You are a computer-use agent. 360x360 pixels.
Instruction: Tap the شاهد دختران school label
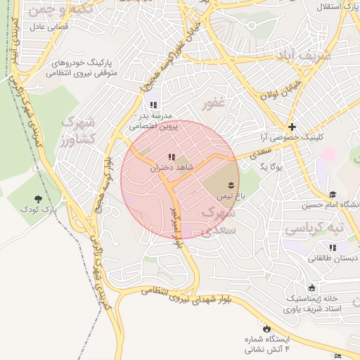click(x=171, y=169)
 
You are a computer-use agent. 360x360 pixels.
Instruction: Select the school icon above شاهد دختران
click(x=171, y=157)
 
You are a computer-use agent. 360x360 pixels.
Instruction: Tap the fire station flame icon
click(x=267, y=328)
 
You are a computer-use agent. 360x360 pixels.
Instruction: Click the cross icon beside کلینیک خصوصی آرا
click(x=292, y=128)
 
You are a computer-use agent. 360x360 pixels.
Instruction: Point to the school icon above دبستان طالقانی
click(x=333, y=247)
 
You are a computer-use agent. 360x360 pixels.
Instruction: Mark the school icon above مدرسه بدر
click(x=154, y=105)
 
